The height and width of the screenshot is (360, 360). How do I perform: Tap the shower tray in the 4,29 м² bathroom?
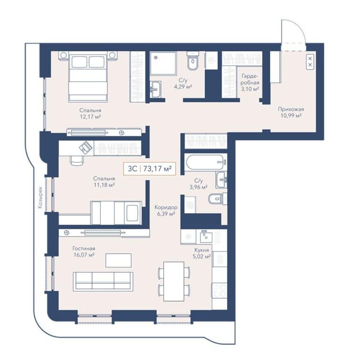coord(163,63)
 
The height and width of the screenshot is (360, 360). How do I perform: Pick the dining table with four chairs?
coord(174,281)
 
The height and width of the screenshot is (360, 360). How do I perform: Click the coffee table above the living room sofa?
coord(118,260)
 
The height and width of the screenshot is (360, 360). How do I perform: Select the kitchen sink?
coord(206,236)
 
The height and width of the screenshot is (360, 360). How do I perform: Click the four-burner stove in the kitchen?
coord(219,291)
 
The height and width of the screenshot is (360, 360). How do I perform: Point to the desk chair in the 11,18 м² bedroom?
coord(76,160)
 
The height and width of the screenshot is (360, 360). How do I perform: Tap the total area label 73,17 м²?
coord(158,169)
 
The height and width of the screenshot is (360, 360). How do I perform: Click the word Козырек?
coord(40,198)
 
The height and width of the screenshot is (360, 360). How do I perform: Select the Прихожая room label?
coord(291,109)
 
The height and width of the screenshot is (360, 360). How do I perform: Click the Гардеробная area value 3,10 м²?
coord(250,89)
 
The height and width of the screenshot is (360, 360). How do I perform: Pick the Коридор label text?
coord(166,208)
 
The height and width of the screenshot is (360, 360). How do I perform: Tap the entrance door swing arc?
coord(300,28)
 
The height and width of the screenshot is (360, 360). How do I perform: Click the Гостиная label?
coord(84,248)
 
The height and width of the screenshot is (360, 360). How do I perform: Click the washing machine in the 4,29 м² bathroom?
coord(211,60)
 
